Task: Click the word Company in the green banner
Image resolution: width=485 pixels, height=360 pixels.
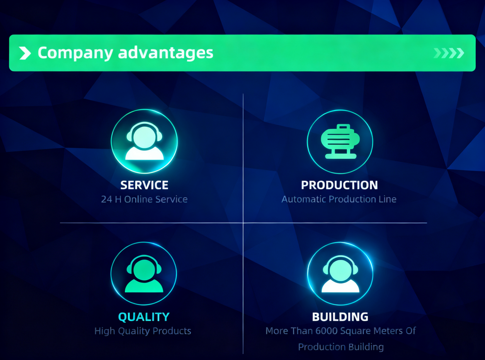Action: (75, 53)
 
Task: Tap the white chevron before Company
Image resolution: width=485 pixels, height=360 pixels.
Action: (25, 53)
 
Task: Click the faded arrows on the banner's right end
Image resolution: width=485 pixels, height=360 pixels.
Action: (449, 53)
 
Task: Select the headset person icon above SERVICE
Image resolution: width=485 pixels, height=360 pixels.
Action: (144, 141)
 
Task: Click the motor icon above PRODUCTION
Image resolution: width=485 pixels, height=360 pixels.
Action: (340, 141)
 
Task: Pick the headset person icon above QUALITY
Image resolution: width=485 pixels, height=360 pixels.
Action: (144, 273)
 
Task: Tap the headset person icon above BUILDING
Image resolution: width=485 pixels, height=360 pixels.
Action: (340, 273)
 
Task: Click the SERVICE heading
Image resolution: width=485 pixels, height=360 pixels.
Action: (144, 185)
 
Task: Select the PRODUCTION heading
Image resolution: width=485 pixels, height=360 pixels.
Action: (339, 185)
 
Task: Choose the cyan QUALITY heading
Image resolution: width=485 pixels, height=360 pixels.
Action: (144, 317)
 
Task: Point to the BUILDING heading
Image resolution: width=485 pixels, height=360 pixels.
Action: (340, 317)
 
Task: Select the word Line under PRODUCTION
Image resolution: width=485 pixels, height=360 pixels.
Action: (387, 200)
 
